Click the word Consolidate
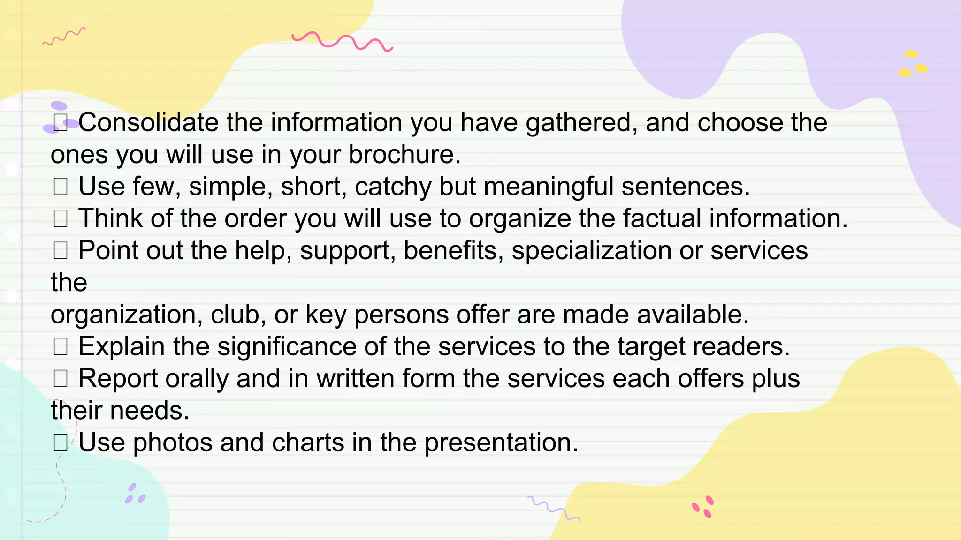(148, 123)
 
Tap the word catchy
(393, 187)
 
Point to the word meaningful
(549, 187)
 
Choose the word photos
(173, 442)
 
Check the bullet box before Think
(61, 218)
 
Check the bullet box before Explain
(61, 346)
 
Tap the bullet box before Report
(61, 378)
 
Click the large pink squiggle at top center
(342, 41)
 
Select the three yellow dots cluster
(912, 64)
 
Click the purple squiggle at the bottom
(554, 508)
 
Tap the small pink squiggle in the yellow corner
(64, 37)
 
